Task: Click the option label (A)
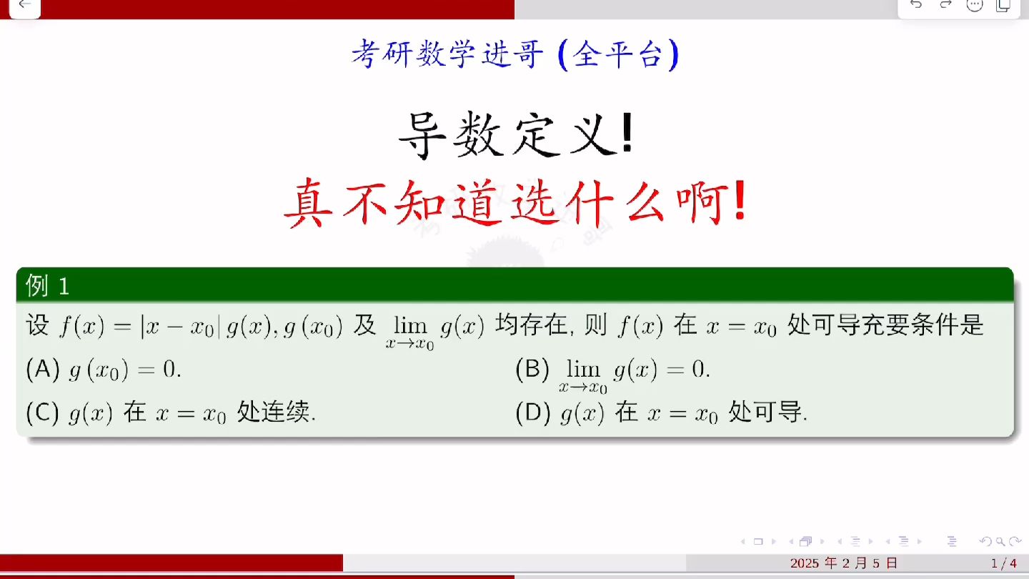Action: pos(42,370)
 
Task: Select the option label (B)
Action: pos(532,370)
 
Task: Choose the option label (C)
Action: pos(42,412)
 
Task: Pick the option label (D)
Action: pos(532,412)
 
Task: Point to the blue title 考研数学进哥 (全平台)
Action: pos(514,55)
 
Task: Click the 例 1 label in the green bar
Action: pos(47,286)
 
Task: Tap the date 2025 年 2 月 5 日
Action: pos(844,563)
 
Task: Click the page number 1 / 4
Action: pos(1003,563)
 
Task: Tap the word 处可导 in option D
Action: pos(767,412)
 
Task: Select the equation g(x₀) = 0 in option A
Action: pos(124,370)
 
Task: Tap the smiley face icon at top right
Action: pos(975,5)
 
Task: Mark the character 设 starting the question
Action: pos(37,326)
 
